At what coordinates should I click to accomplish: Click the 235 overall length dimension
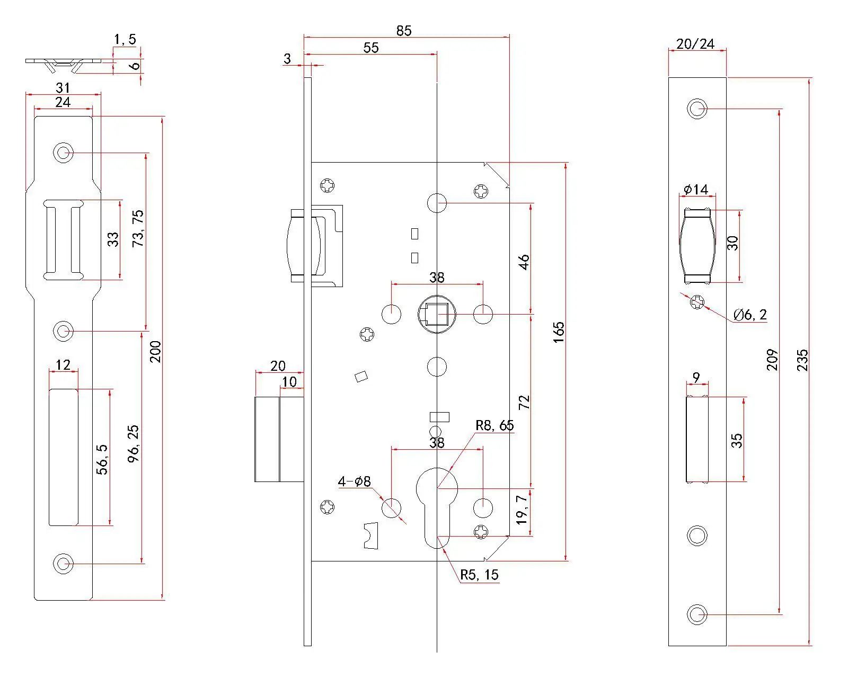pos(803,360)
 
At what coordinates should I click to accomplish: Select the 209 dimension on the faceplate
pos(773,360)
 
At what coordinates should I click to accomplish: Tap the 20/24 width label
pos(695,43)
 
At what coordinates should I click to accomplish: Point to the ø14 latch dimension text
pos(696,189)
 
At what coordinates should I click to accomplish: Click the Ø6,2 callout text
pos(750,315)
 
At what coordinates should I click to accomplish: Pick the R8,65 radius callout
pos(494,425)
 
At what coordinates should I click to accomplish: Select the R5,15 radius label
pos(479,575)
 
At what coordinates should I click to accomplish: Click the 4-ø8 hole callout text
pos(354,481)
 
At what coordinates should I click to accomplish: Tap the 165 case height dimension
pos(559,332)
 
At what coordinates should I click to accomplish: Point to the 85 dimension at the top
pos(404,31)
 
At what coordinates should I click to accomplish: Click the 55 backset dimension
pos(371,48)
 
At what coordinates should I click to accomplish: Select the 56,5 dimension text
pos(102,459)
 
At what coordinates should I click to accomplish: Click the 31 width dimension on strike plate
pos(63,87)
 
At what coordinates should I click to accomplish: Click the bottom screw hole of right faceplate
pos(697,614)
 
